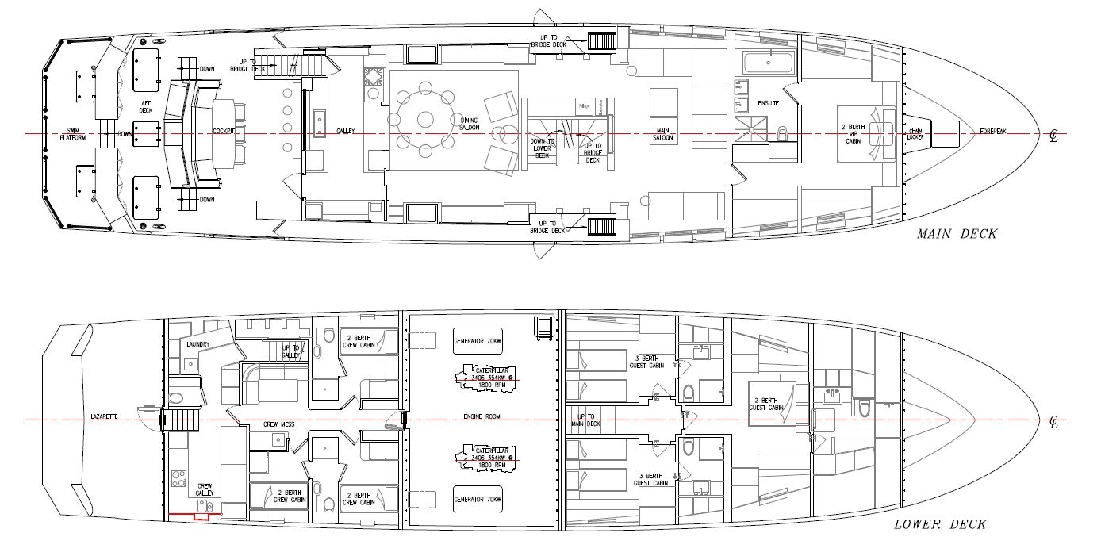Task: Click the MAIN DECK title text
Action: click(x=957, y=234)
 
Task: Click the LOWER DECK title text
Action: click(x=940, y=524)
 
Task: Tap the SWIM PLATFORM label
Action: click(x=77, y=134)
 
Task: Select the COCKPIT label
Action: click(x=223, y=132)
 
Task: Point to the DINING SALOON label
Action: click(x=468, y=125)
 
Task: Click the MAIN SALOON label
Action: click(x=663, y=134)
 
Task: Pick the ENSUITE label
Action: click(x=768, y=104)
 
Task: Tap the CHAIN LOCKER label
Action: click(x=919, y=134)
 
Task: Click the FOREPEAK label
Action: click(x=992, y=131)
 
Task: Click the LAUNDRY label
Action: click(x=198, y=344)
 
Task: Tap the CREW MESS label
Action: click(x=278, y=424)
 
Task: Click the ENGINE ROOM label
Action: click(x=479, y=416)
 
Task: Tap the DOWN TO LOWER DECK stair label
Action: click(x=542, y=148)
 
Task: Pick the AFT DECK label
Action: click(x=146, y=107)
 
